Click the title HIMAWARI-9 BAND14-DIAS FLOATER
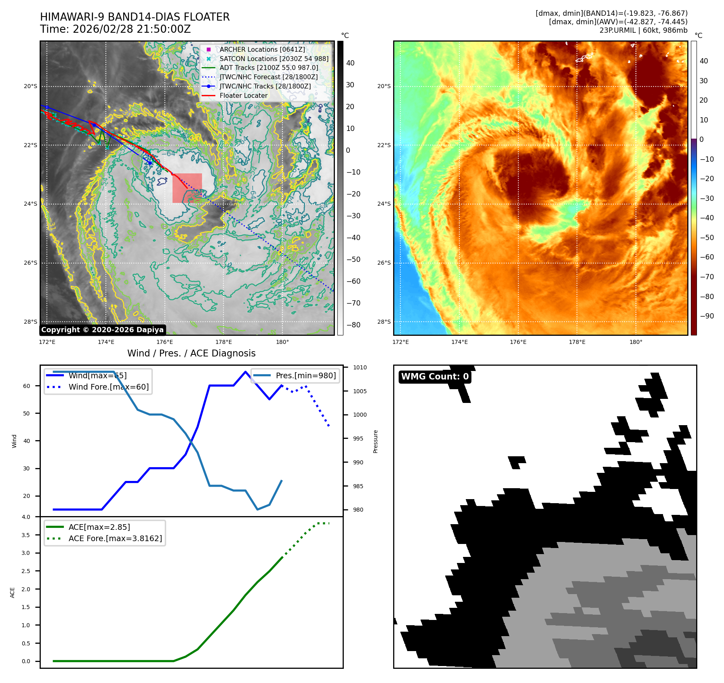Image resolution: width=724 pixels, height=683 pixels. point(135,17)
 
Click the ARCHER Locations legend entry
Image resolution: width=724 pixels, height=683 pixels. point(262,49)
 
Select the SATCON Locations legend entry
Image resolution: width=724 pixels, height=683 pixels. point(274,59)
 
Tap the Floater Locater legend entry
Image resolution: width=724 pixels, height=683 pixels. point(243,95)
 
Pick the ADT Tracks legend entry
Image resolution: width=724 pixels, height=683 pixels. point(269,68)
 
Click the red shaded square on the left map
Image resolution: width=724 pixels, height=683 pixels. point(187,188)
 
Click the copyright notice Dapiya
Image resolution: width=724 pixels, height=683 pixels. point(102,330)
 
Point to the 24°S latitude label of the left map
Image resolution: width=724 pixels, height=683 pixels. point(30,204)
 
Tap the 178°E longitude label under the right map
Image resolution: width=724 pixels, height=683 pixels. point(577,342)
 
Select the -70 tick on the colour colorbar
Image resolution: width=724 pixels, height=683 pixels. point(707,277)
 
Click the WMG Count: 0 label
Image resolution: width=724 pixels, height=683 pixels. point(435,377)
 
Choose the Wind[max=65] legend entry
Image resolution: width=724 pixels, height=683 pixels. point(97,375)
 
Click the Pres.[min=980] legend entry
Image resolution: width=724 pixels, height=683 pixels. point(305,375)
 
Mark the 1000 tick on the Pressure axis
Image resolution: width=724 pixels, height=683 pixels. point(360,415)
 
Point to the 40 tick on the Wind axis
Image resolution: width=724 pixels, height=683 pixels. point(27,441)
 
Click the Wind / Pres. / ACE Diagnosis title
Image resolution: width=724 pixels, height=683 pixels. point(192,353)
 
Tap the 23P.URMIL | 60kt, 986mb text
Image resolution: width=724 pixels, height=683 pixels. point(643,30)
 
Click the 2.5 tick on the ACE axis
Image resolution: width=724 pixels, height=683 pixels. point(26,571)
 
